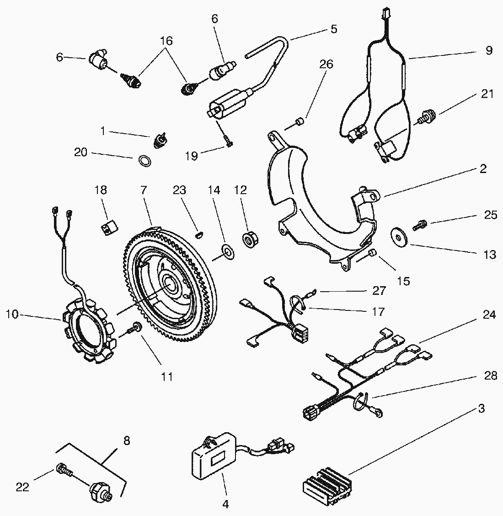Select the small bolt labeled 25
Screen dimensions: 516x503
(420, 224)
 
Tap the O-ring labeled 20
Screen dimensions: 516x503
(143, 161)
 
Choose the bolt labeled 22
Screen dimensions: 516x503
(64, 470)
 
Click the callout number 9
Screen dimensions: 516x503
(488, 50)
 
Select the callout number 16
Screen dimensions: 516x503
(166, 41)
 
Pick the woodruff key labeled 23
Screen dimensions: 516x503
(198, 235)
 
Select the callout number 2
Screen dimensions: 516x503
(483, 168)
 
